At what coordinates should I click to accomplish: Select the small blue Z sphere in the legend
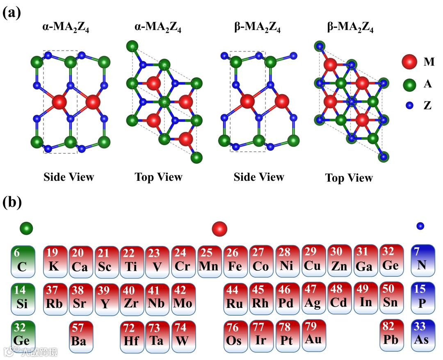409,105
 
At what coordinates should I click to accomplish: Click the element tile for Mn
209,260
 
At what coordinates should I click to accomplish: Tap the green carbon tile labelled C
23,260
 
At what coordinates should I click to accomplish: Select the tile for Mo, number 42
183,298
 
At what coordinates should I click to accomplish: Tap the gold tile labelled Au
313,335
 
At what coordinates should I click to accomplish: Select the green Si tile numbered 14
23,298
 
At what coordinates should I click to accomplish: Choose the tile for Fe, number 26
235,260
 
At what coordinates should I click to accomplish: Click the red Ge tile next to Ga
390,260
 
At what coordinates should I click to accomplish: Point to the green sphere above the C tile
26,227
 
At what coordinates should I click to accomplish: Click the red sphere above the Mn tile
219,229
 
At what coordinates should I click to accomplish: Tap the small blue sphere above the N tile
420,226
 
